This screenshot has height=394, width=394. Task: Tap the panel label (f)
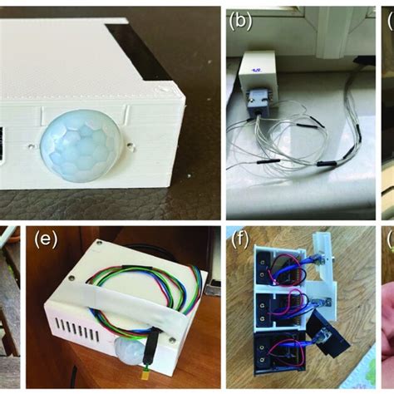pos(240,242)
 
